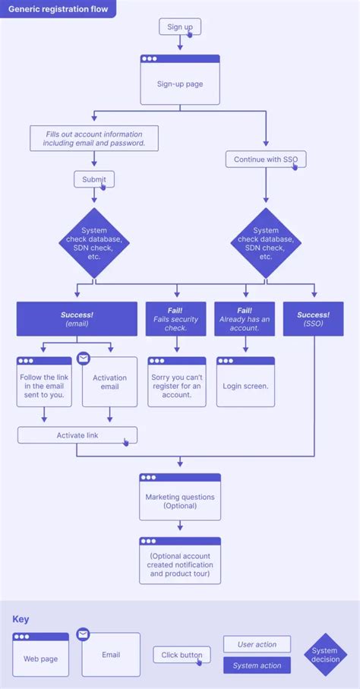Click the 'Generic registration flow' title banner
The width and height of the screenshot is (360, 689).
coord(58,10)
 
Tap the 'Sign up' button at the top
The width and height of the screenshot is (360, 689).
coord(179,27)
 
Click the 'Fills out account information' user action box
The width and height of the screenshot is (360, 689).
coord(94,138)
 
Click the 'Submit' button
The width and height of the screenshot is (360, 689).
coord(94,179)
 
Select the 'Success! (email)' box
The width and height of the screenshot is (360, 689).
coord(77,319)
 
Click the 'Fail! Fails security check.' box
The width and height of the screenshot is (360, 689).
coord(176,319)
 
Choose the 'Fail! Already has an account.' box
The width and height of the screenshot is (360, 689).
coord(245,319)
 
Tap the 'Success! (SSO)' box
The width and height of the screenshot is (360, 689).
coord(313,319)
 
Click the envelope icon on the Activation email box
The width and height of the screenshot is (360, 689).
coord(84,359)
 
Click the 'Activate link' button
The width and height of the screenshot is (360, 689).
coord(77,435)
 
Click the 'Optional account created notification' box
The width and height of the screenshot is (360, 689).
coord(180,561)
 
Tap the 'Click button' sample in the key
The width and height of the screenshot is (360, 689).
coord(181,655)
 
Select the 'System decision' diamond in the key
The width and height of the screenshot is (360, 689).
coord(325,655)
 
